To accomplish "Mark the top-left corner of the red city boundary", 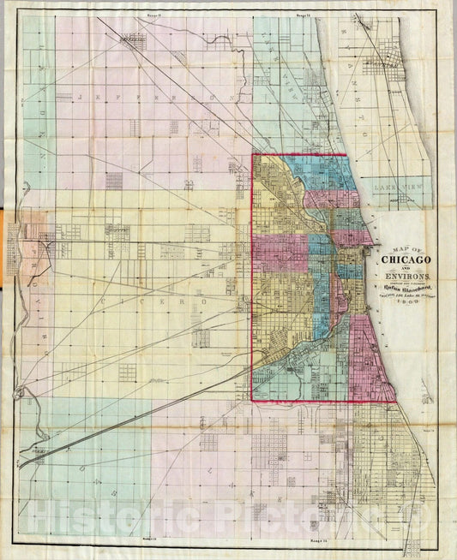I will [251, 155].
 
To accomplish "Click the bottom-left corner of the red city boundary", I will [251, 400].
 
